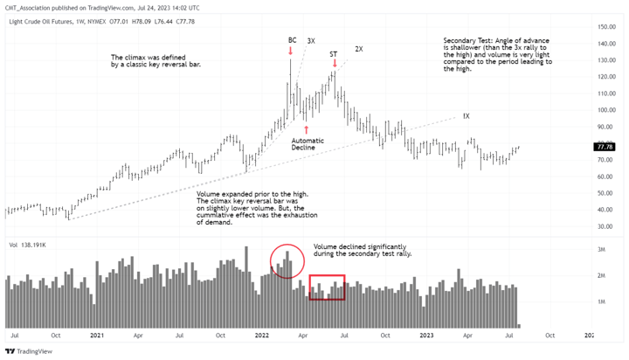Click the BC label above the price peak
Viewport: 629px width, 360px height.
click(x=292, y=40)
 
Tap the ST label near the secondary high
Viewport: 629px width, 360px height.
click(x=334, y=54)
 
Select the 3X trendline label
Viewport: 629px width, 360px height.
click(x=311, y=41)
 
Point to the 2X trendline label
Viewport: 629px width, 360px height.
click(x=359, y=49)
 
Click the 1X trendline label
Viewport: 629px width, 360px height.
click(x=466, y=116)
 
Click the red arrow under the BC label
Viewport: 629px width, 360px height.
click(x=292, y=50)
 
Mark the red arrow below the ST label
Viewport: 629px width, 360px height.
click(x=335, y=64)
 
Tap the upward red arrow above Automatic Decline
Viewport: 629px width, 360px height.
click(x=307, y=129)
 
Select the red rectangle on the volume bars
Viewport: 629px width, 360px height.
click(x=327, y=287)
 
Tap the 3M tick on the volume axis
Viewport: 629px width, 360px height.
click(x=600, y=250)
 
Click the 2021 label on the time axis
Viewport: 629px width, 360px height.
click(x=97, y=335)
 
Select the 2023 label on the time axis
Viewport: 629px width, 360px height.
click(x=426, y=335)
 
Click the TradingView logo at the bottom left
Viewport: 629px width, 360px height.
click(x=28, y=351)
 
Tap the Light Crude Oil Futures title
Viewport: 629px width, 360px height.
click(x=47, y=21)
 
